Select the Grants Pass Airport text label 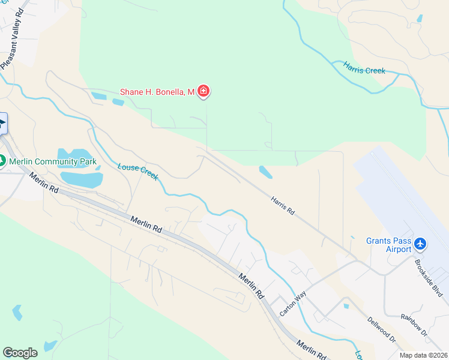coord(389,245)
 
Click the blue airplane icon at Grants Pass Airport coord(420,244)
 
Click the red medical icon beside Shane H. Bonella coord(204,92)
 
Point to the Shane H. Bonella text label coord(157,92)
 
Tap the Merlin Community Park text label coord(52,161)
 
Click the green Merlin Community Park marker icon coord(2,161)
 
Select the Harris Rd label coord(282,205)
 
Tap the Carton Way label coord(293,304)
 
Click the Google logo coord(20,353)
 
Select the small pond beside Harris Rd coord(265,172)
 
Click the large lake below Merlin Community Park coord(81,178)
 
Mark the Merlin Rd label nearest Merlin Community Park coord(44,182)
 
